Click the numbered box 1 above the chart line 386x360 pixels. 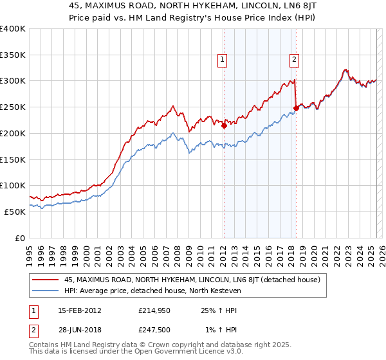tap(222, 60)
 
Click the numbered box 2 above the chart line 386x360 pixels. tap(294, 60)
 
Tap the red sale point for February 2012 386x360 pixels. tap(224, 126)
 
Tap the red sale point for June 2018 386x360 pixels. tap(296, 108)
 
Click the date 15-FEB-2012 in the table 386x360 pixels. tap(79, 310)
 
